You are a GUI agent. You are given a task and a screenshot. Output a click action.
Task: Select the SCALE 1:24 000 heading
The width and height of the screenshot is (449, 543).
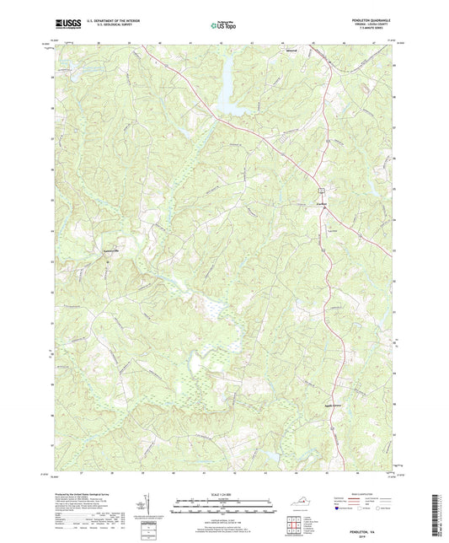223,493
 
